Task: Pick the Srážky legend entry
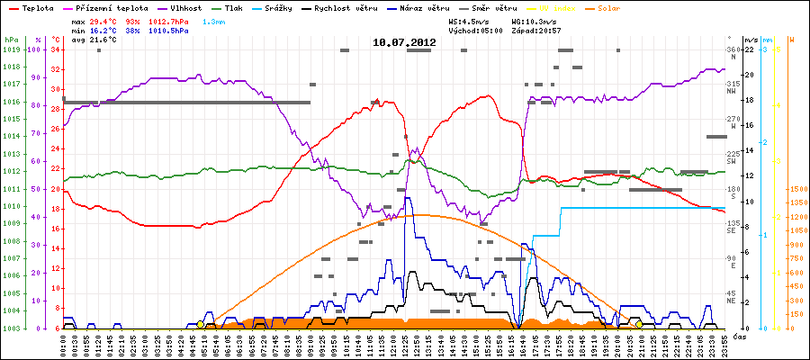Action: point(283,6)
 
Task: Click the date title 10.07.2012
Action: point(404,41)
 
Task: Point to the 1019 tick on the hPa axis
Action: point(11,49)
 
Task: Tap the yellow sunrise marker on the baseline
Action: point(200,324)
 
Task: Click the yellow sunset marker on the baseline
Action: point(639,324)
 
